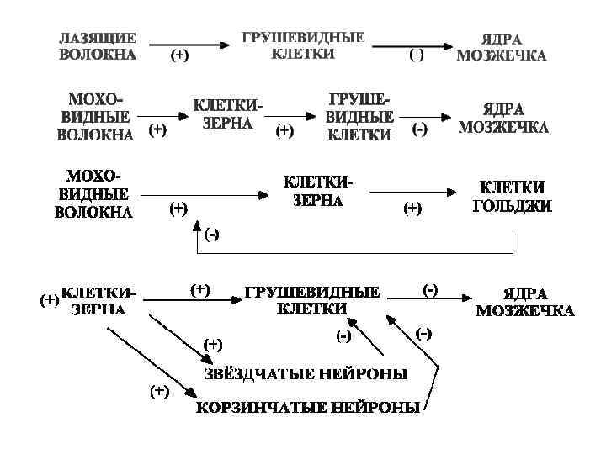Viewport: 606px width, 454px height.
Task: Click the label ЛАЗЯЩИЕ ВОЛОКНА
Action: pyautogui.click(x=97, y=47)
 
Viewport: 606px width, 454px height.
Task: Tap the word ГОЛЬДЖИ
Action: pyautogui.click(x=512, y=204)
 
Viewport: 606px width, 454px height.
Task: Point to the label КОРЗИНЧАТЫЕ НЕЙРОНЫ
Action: pyautogui.click(x=308, y=409)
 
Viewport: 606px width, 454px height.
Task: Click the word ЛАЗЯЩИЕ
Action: pyautogui.click(x=97, y=39)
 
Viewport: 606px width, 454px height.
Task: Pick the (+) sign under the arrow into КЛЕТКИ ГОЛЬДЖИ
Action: pyautogui.click(x=413, y=208)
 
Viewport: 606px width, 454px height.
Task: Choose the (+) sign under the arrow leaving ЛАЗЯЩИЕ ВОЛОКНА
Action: pyautogui.click(x=179, y=55)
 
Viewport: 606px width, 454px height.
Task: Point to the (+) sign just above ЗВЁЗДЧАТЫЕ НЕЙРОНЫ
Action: pyautogui.click(x=214, y=343)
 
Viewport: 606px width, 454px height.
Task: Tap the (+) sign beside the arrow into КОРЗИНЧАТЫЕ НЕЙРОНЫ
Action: pyautogui.click(x=159, y=390)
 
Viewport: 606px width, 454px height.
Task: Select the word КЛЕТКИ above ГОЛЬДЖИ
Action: pyautogui.click(x=512, y=187)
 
